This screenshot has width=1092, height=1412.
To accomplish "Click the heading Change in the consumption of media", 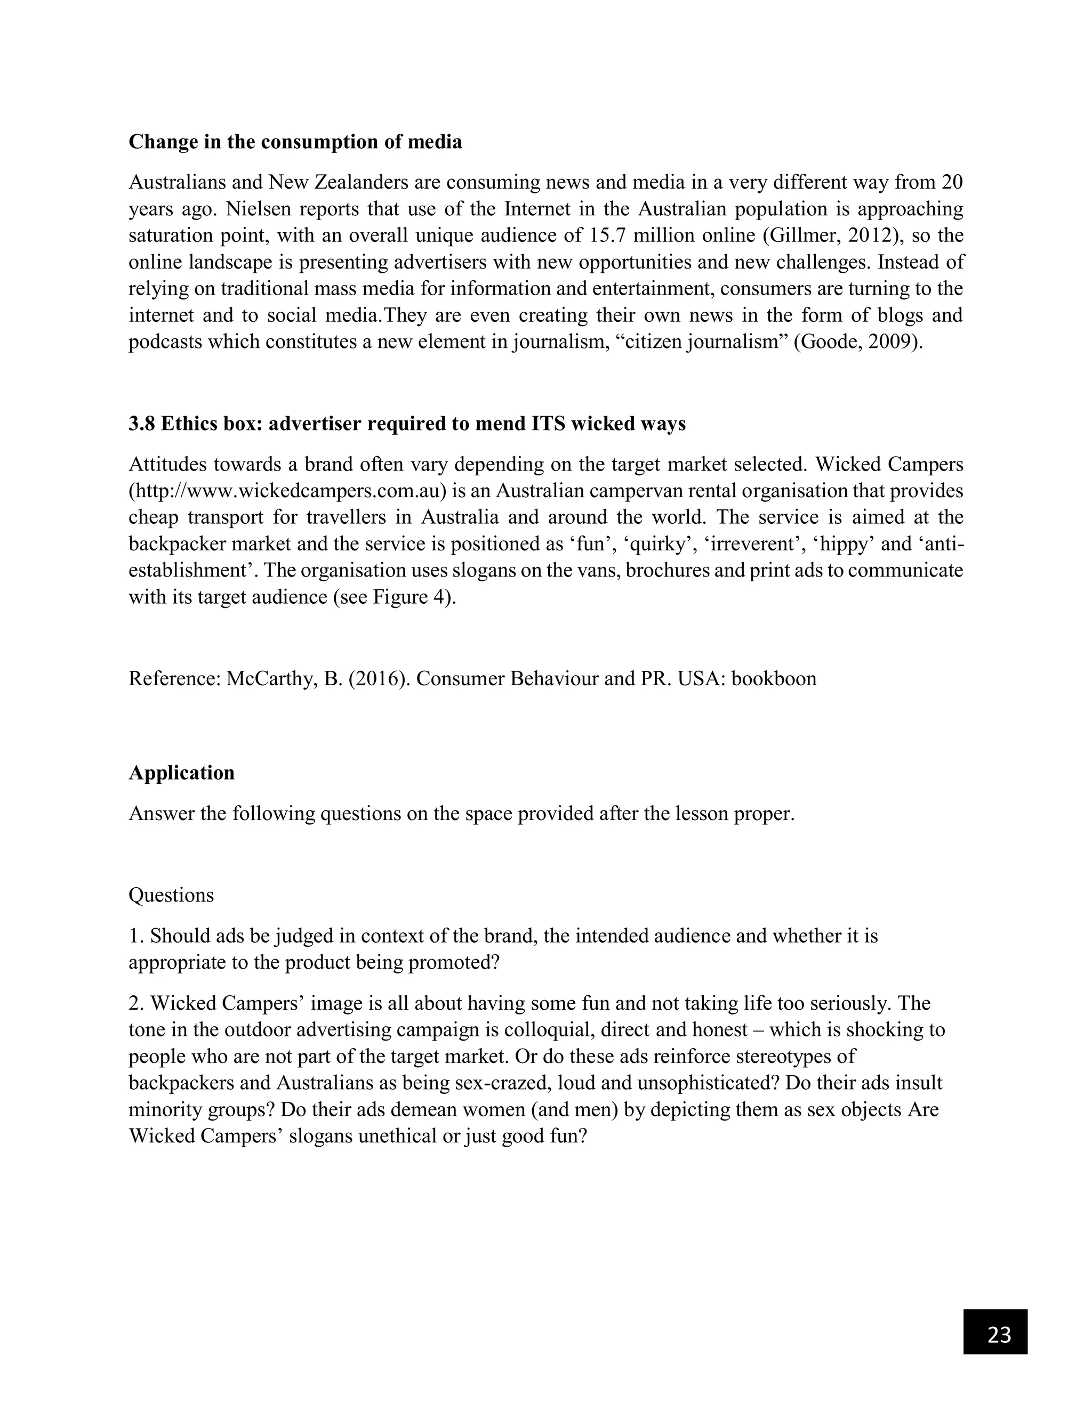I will tap(295, 142).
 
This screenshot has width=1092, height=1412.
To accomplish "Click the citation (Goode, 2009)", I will tap(858, 342).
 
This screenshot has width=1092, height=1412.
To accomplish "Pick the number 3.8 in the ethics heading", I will tap(142, 424).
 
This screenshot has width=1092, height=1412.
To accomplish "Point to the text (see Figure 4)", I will tap(395, 597).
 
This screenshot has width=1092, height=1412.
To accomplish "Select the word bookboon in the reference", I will tap(774, 678).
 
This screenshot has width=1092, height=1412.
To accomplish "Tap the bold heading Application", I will tap(182, 773).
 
